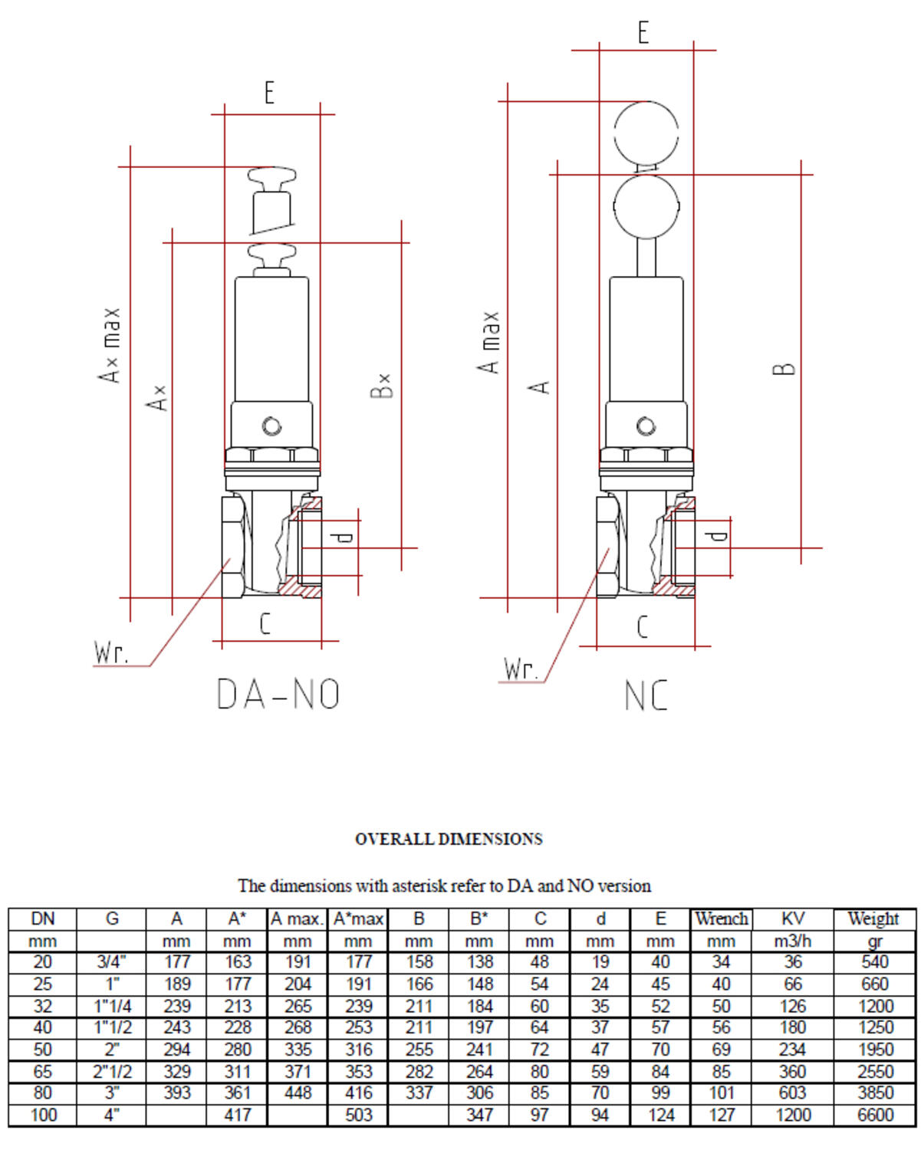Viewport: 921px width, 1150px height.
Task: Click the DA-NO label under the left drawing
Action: tap(278, 695)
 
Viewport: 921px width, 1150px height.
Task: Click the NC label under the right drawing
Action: tap(646, 696)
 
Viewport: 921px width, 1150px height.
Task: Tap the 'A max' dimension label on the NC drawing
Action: tap(489, 343)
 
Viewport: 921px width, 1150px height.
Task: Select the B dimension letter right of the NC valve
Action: tap(783, 369)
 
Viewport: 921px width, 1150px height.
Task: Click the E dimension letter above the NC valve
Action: tap(643, 33)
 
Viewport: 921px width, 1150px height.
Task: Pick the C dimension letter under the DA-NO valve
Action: tap(265, 624)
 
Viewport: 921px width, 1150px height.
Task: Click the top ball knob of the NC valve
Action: tap(646, 131)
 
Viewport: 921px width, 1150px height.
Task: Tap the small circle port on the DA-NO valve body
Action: tap(271, 426)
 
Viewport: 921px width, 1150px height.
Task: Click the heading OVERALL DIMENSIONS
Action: tap(449, 839)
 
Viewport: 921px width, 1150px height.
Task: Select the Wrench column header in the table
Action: tap(721, 918)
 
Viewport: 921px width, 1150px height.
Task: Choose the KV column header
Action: tap(793, 918)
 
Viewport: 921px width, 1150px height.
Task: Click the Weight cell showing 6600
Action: tap(875, 1115)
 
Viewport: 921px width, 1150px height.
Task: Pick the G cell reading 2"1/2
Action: tap(112, 1071)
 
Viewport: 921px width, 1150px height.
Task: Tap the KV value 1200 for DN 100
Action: tap(793, 1115)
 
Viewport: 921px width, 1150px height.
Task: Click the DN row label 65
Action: tap(43, 1071)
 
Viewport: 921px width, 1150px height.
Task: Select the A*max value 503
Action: tap(358, 1115)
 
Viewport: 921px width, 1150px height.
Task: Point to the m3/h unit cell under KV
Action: tap(793, 941)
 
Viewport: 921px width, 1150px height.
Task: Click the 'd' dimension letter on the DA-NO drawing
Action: tap(345, 537)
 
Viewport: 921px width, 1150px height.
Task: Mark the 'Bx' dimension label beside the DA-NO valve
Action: tap(382, 386)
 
